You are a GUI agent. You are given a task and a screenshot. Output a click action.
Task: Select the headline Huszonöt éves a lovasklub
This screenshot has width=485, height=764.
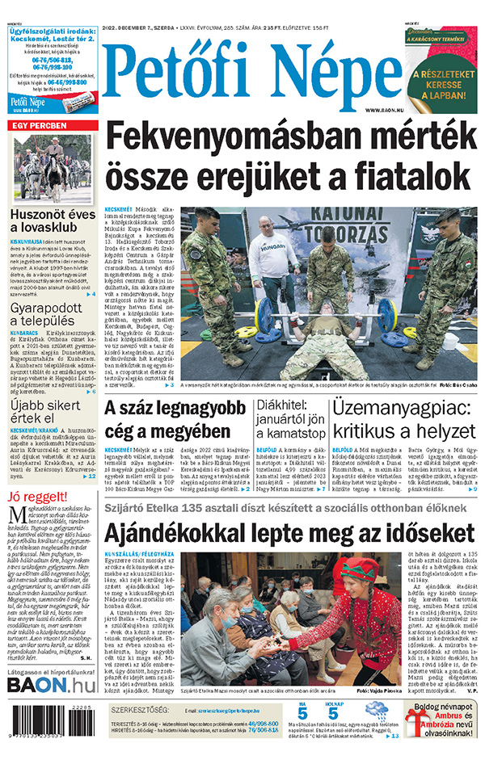pyautogui.click(x=52, y=223)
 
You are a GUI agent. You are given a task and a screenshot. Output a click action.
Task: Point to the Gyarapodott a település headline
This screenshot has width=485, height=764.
pyautogui.click(x=47, y=319)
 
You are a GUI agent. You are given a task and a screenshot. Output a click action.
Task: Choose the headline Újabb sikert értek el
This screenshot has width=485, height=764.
pyautogui.click(x=44, y=411)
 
